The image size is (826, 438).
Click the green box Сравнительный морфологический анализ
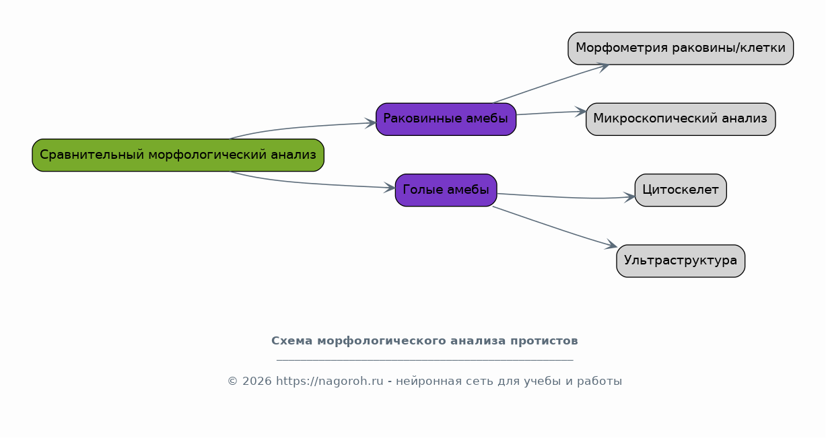click(x=178, y=155)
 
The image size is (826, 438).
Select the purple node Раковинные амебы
click(x=446, y=119)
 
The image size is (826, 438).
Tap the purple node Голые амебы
click(x=446, y=190)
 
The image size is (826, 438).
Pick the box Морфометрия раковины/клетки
click(x=681, y=48)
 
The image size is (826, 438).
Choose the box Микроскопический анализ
click(x=681, y=119)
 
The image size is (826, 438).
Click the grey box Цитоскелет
click(x=681, y=190)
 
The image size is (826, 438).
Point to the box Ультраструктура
click(x=681, y=261)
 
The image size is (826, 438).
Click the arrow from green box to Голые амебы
click(x=310, y=183)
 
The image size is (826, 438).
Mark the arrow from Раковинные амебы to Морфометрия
click(x=551, y=83)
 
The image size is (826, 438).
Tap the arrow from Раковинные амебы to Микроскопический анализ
click(x=551, y=113)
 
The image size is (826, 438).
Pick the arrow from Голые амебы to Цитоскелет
click(x=566, y=197)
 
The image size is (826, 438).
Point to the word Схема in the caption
click(x=292, y=341)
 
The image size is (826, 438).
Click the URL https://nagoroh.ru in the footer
click(x=330, y=381)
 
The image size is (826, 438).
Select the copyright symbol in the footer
click(x=233, y=381)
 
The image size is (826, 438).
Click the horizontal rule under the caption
click(x=425, y=359)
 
